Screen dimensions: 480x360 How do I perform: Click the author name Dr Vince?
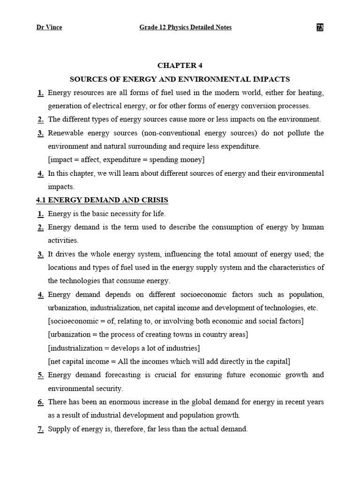[x=49, y=27]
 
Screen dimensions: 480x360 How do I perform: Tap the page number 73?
[x=320, y=27]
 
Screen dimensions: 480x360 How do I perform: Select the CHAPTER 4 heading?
[x=180, y=66]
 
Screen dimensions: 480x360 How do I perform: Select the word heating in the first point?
[x=310, y=93]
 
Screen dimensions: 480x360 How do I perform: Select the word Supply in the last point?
[x=59, y=429]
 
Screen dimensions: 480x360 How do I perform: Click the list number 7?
[x=41, y=429]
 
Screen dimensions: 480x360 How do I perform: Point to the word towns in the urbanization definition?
[x=182, y=335]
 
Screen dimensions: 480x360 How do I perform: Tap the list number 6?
[x=41, y=402]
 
